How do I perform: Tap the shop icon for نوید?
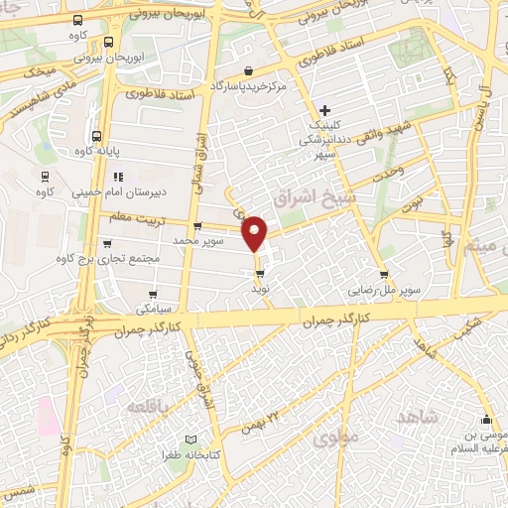tap(259, 273)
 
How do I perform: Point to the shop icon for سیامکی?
tap(153, 294)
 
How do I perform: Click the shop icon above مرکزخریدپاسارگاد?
tap(248, 69)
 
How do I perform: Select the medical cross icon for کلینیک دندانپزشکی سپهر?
tap(324, 108)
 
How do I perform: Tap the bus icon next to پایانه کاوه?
tap(95, 137)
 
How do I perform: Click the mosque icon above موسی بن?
tap(486, 419)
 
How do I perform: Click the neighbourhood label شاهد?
tap(415, 416)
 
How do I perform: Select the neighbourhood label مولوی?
tap(330, 437)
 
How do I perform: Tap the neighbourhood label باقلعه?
tap(150, 407)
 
